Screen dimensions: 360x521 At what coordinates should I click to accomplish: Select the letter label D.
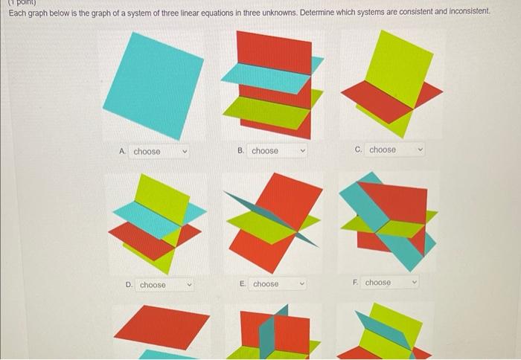click(x=129, y=285)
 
